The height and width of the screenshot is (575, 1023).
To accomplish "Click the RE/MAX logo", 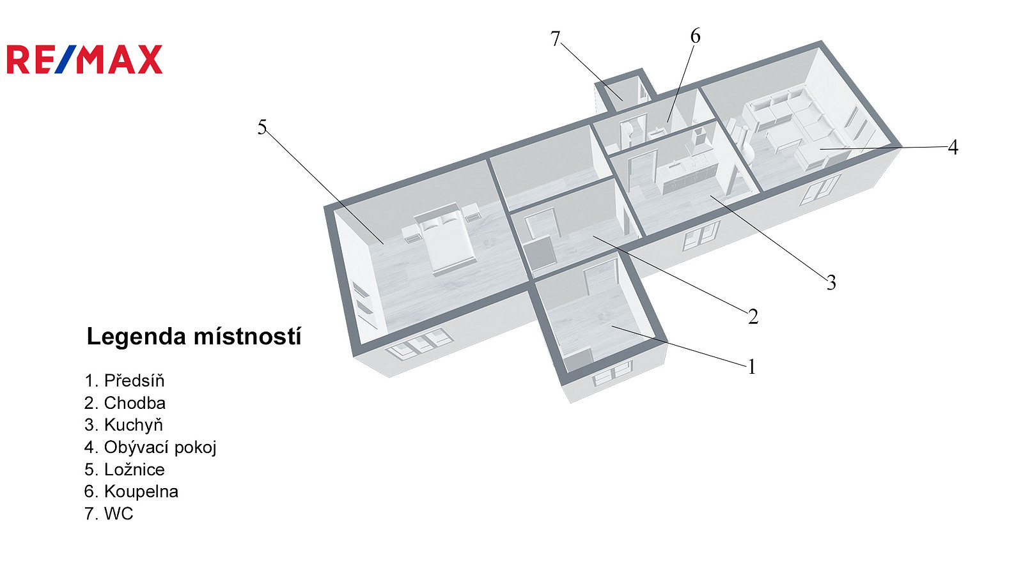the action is tap(84, 59).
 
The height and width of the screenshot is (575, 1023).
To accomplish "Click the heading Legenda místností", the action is tap(194, 336).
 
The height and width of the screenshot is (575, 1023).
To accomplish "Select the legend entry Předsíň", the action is tap(125, 380).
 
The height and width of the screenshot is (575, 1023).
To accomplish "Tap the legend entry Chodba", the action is tap(125, 402).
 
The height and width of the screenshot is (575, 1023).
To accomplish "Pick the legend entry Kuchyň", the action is tap(123, 424).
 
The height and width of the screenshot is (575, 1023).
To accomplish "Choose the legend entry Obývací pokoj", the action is tap(150, 447).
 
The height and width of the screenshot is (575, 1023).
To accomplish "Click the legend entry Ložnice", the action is tap(125, 469).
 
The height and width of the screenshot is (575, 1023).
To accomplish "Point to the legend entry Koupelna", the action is tap(131, 491).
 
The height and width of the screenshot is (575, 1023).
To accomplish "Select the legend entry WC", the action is tap(109, 514).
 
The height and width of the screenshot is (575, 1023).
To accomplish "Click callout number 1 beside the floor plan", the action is tap(752, 367).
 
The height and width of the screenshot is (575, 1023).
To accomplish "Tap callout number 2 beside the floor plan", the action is tap(753, 316).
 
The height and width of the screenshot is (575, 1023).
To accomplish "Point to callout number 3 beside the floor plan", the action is tap(831, 282).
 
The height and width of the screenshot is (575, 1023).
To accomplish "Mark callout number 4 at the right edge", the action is tap(953, 148).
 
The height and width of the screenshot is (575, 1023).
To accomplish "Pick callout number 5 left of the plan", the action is tap(262, 127).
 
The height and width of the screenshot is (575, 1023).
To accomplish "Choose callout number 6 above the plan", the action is tap(695, 36).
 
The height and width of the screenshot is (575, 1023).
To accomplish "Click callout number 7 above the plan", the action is tap(555, 39).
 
